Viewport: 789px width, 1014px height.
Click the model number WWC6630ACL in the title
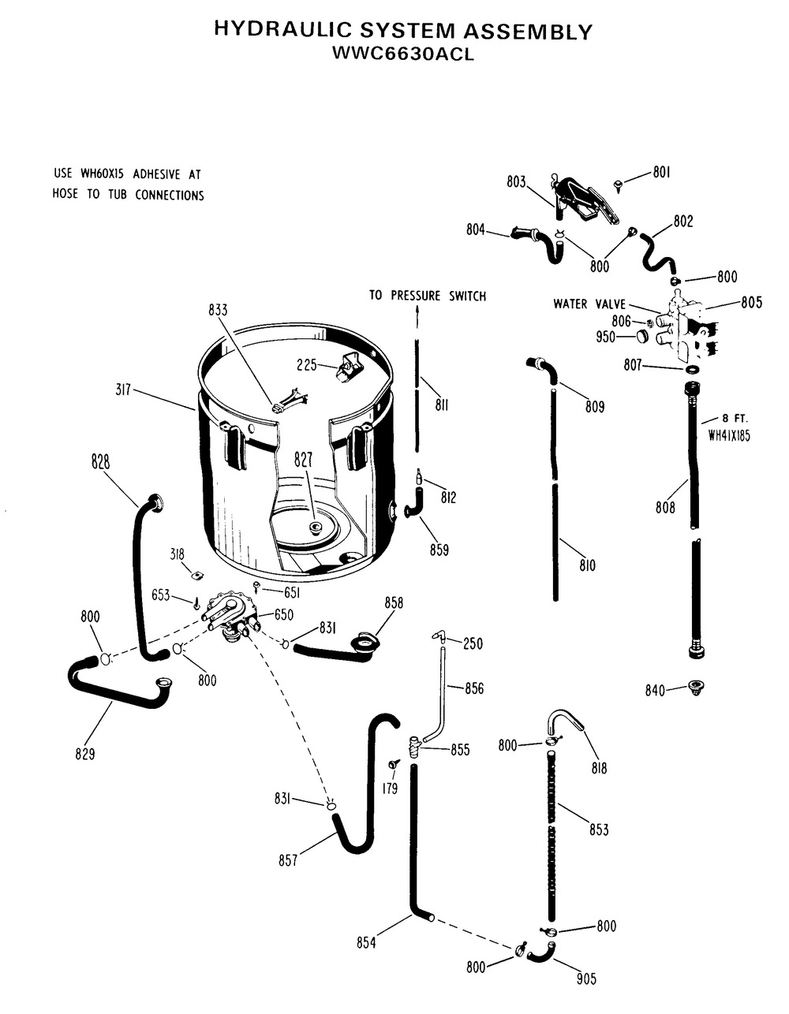pyautogui.click(x=403, y=55)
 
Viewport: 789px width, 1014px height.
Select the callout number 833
pyautogui.click(x=218, y=310)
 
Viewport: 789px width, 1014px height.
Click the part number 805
pyautogui.click(x=751, y=302)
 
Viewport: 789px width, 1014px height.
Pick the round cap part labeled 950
pyautogui.click(x=642, y=337)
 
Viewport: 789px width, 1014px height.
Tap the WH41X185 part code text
pyautogui.click(x=728, y=434)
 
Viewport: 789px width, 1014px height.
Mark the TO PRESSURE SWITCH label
pyautogui.click(x=428, y=296)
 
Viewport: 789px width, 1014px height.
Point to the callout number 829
pyautogui.click(x=84, y=754)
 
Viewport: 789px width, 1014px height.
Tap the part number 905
pyautogui.click(x=585, y=979)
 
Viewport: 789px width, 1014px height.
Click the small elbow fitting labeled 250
pyautogui.click(x=438, y=635)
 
